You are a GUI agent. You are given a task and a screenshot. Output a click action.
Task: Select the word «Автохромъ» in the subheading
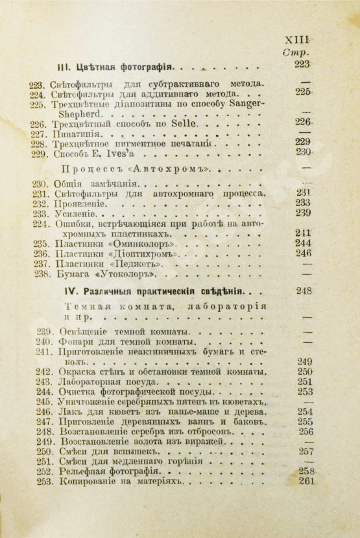(180, 169)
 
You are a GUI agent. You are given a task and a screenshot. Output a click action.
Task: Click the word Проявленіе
(83, 203)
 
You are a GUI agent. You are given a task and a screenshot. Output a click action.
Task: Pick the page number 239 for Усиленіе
(303, 213)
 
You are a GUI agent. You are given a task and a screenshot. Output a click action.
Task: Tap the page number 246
(303, 253)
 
